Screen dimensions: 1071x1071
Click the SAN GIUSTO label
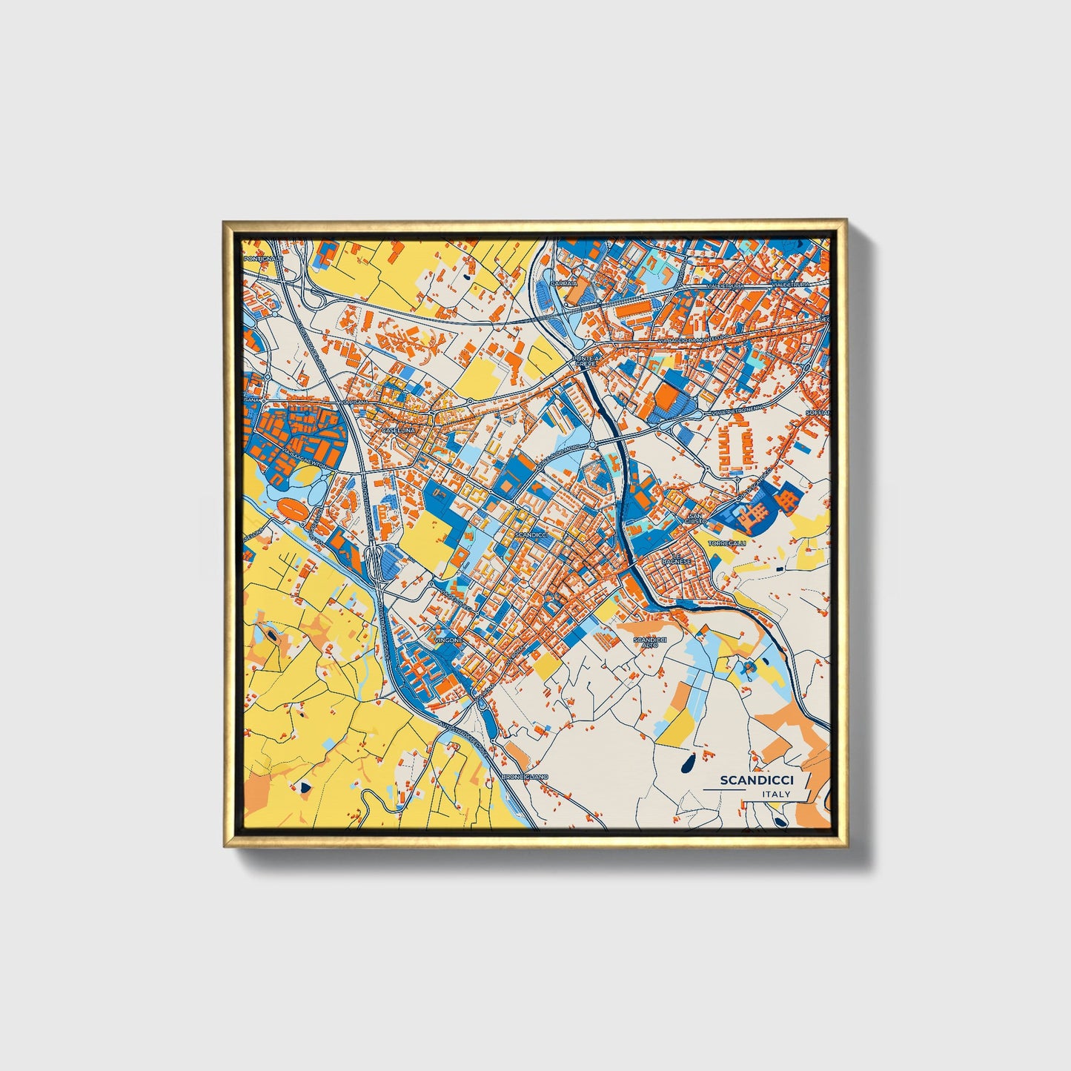tap(696, 519)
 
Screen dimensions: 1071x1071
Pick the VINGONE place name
tap(449, 639)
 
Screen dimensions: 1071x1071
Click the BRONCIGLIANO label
tap(525, 776)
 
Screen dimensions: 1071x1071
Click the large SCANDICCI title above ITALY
tap(757, 780)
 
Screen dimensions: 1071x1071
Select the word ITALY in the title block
tap(776, 794)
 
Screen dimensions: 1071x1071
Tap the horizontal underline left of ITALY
tap(731, 790)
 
